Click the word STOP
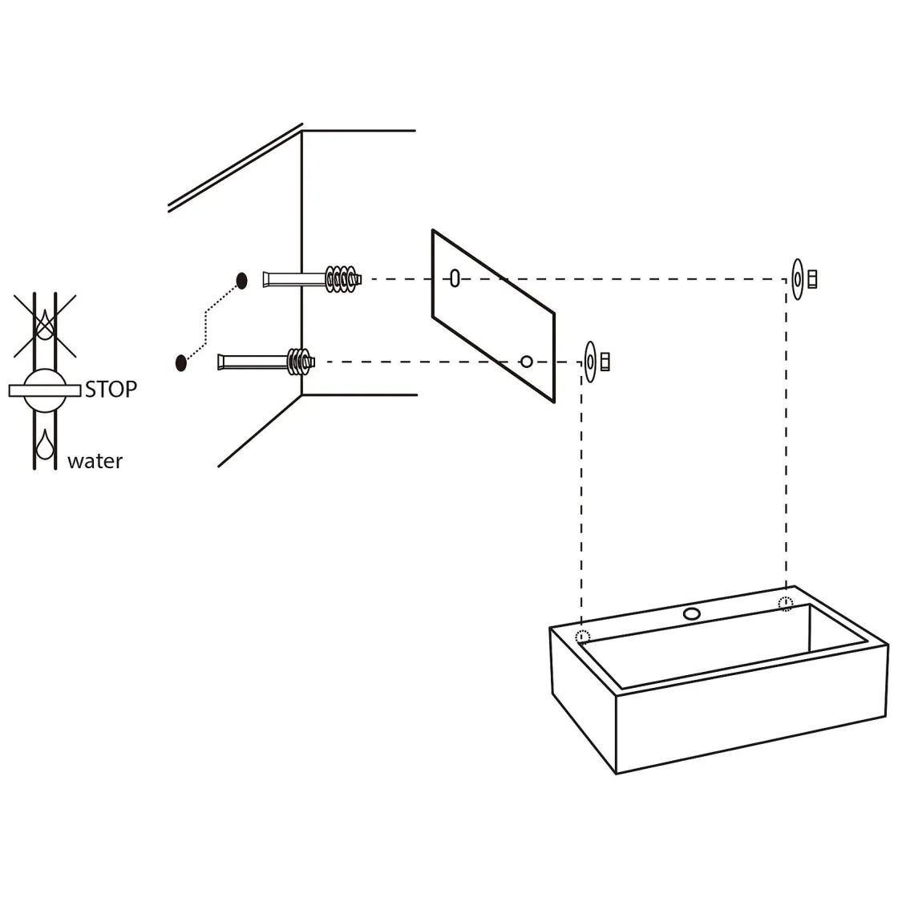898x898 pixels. pyautogui.click(x=111, y=390)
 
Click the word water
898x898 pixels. pyautogui.click(x=95, y=461)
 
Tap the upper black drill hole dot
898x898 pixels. pyautogui.click(x=241, y=280)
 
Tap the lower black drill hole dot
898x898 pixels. pyautogui.click(x=181, y=362)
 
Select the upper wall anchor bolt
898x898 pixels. pyautogui.click(x=312, y=280)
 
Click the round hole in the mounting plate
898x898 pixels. pyautogui.click(x=526, y=362)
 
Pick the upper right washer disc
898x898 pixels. pyautogui.click(x=797, y=280)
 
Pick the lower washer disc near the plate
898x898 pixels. pyautogui.click(x=591, y=362)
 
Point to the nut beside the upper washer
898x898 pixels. pyautogui.click(x=811, y=280)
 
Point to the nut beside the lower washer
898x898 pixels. pyautogui.click(x=605, y=362)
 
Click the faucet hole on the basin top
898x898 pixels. pyautogui.click(x=692, y=614)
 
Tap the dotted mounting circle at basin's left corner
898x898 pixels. pyautogui.click(x=583, y=637)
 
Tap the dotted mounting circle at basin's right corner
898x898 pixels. pyautogui.click(x=786, y=604)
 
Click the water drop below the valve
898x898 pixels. pyautogui.click(x=45, y=443)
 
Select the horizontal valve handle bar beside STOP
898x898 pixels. pyautogui.click(x=45, y=390)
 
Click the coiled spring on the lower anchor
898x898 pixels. pyautogui.click(x=298, y=362)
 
